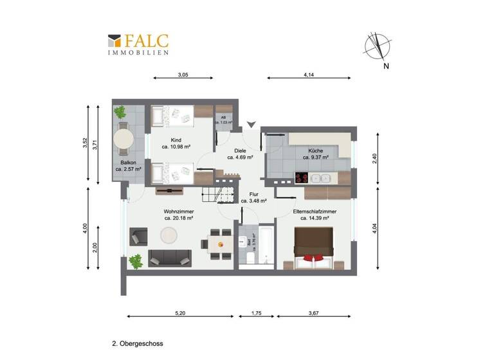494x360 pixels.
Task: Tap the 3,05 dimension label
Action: (183, 75)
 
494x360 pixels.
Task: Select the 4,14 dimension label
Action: (309, 75)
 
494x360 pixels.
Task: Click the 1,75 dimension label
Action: (255, 313)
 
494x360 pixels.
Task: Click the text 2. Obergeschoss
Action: (138, 344)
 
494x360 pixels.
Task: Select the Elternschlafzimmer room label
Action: (311, 212)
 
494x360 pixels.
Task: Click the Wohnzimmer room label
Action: (179, 212)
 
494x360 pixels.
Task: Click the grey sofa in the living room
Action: (169, 258)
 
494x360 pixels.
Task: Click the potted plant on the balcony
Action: (120, 112)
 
